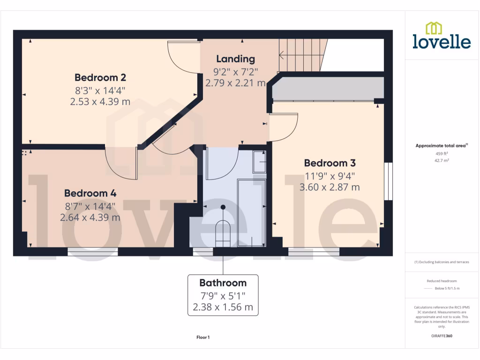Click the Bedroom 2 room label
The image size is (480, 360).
click(x=100, y=77)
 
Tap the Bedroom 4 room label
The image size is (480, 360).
click(x=90, y=193)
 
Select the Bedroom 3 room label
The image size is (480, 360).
click(x=330, y=163)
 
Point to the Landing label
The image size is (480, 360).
click(x=235, y=59)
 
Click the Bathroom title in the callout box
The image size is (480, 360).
click(x=223, y=283)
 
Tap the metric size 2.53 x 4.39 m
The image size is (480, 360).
click(x=100, y=101)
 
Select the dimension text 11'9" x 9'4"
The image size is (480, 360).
click(x=330, y=176)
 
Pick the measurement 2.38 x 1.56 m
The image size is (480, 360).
click(x=223, y=307)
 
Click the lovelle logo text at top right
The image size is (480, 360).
click(x=442, y=41)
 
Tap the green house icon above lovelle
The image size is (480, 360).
click(x=434, y=28)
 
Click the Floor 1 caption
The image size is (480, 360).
click(x=203, y=337)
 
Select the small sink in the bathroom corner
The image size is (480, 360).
click(x=259, y=162)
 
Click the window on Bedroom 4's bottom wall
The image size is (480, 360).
click(x=93, y=252)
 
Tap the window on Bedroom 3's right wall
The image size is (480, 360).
click(x=388, y=181)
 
